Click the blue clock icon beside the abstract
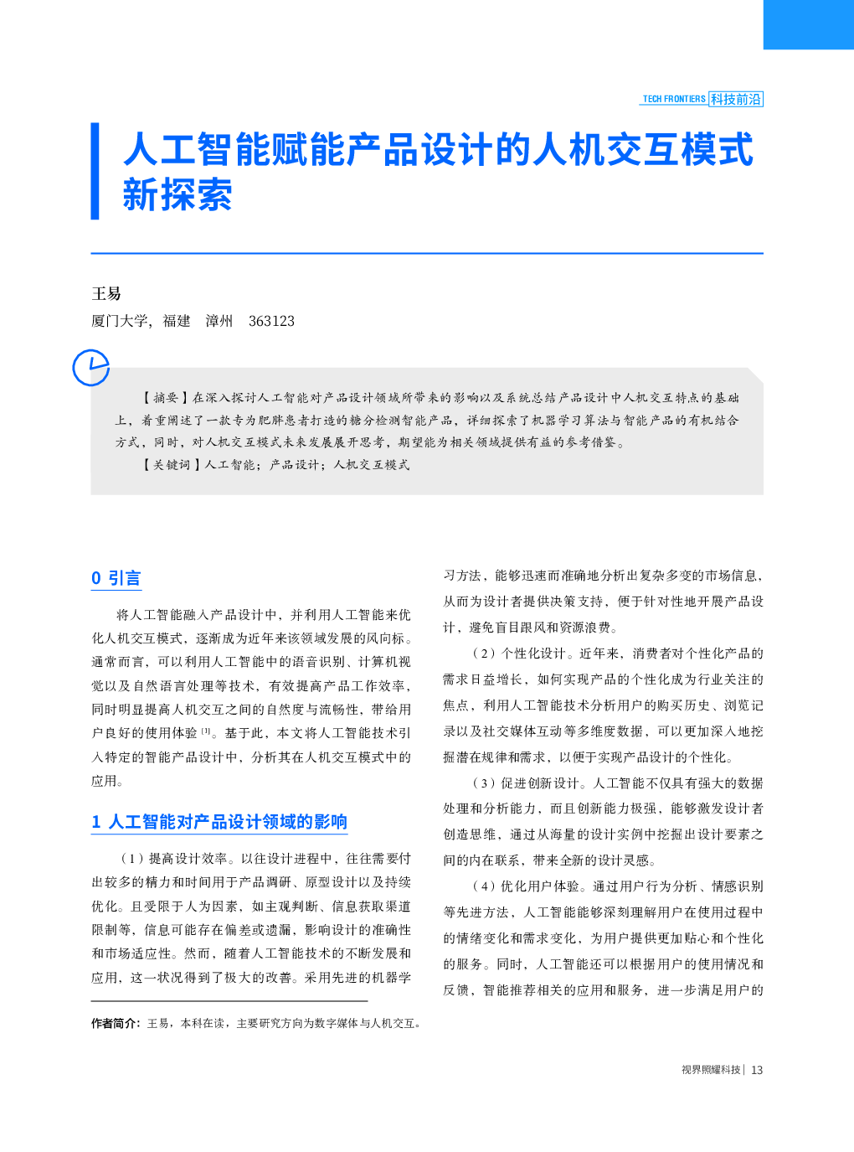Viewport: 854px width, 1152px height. point(90,367)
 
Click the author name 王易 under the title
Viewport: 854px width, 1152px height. point(106,293)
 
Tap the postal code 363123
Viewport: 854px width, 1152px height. point(271,321)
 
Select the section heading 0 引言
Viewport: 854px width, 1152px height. point(116,578)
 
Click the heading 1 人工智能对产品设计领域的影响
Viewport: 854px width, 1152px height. point(219,822)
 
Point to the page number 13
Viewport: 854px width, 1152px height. point(757,1070)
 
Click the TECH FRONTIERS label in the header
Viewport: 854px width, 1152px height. point(674,99)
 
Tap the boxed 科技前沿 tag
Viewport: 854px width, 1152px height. point(736,99)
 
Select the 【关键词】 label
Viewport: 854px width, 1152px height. point(172,465)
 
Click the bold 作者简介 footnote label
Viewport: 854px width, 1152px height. point(116,1023)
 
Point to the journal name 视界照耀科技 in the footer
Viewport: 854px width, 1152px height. point(711,1070)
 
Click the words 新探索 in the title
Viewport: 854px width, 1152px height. point(177,195)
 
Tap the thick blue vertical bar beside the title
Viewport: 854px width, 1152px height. point(95,171)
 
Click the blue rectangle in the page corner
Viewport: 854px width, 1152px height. point(808,24)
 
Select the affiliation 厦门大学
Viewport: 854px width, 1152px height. point(120,321)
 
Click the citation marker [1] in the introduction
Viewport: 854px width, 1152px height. point(206,731)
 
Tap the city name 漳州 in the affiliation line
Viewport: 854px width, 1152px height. point(219,321)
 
